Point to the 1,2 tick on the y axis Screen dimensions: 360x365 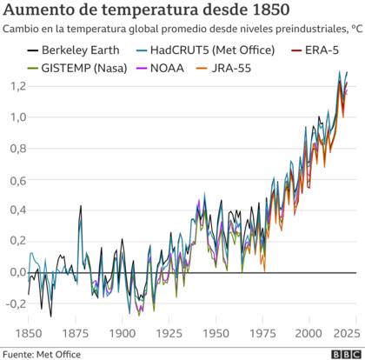(x=14, y=87)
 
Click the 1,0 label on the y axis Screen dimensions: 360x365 (x=14, y=117)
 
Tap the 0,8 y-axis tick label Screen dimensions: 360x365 (x=14, y=149)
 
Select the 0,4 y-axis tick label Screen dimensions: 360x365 (x=14, y=210)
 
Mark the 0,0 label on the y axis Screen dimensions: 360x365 (x=14, y=272)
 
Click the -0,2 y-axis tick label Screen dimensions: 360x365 (x=12, y=303)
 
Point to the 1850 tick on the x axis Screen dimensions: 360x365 (x=29, y=334)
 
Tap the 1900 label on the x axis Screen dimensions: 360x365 (x=122, y=334)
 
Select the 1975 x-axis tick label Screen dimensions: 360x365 (x=262, y=334)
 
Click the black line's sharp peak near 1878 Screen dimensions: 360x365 (x=81, y=206)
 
